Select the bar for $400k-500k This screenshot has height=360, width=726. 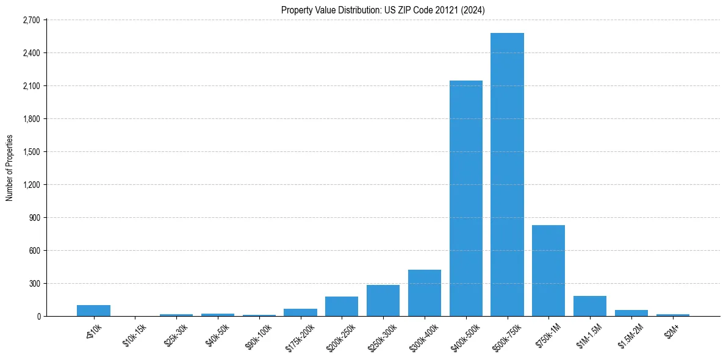coord(465,198)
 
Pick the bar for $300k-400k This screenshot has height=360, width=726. coord(425,293)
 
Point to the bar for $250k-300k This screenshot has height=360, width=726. coord(383,300)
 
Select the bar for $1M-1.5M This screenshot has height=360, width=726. coord(590,306)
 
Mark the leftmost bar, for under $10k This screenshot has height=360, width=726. coord(93,311)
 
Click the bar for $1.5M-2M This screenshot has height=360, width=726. coord(631,313)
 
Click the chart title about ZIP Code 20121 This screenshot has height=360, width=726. coord(383,10)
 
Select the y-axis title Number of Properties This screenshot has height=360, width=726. coord(10,168)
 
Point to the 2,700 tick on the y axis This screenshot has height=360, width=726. coord(31,20)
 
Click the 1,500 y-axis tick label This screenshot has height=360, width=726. coord(31,152)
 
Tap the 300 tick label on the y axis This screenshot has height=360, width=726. coord(34,284)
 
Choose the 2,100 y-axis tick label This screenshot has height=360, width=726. coord(31,86)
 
